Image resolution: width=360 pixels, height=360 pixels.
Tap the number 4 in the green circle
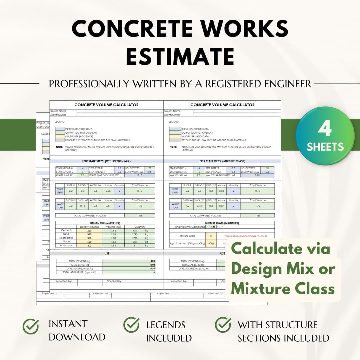point(324,128)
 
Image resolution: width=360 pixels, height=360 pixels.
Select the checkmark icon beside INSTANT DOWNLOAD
point(31,326)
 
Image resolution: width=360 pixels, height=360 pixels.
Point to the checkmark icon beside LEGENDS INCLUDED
point(131,325)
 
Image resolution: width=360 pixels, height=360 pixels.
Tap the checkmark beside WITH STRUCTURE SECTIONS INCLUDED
point(223,325)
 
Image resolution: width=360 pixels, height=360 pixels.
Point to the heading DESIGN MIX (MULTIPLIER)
point(105,223)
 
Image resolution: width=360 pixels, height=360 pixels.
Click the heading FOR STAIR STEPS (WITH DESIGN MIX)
point(106,161)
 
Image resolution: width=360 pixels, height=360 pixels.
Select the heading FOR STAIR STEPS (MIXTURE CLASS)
point(222,161)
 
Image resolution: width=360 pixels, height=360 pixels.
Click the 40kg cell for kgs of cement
point(211,243)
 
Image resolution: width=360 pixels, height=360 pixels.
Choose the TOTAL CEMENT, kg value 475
point(153,261)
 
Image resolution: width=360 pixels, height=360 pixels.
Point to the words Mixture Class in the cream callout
point(283,288)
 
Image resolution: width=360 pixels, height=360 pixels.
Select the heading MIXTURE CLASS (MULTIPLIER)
point(222,223)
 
